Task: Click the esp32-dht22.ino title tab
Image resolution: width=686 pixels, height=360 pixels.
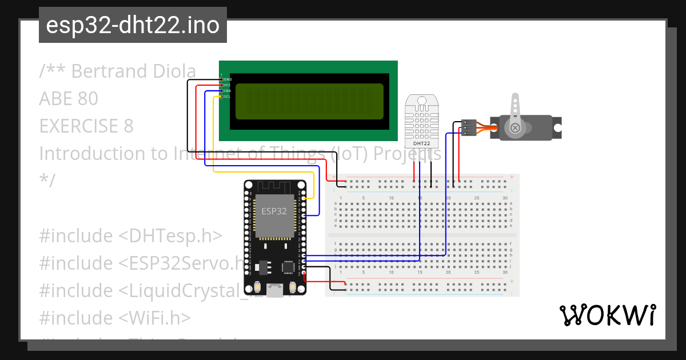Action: pyautogui.click(x=133, y=26)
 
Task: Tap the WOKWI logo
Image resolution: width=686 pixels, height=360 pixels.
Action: pyautogui.click(x=607, y=315)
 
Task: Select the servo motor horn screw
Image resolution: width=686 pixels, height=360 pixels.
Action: pyautogui.click(x=516, y=127)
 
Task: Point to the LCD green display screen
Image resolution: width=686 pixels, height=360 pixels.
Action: pyautogui.click(x=309, y=101)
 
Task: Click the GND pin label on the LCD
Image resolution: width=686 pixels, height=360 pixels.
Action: pyautogui.click(x=228, y=79)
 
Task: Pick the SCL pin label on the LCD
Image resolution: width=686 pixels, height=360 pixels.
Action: pyautogui.click(x=227, y=97)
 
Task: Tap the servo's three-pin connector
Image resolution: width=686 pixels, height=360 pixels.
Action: pyautogui.click(x=469, y=127)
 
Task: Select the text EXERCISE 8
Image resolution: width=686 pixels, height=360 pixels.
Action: pyautogui.click(x=86, y=126)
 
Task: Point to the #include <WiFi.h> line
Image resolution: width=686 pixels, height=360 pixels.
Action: pyautogui.click(x=114, y=317)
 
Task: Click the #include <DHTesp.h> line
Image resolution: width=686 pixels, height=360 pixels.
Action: pyautogui.click(x=130, y=235)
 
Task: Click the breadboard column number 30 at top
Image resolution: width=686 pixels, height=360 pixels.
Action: pyautogui.click(x=505, y=198)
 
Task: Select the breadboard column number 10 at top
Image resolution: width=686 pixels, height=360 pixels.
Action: pyautogui.click(x=391, y=198)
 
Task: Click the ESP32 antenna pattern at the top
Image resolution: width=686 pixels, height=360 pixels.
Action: pyautogui.click(x=275, y=187)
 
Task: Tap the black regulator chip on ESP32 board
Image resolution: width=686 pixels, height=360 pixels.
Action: pyautogui.click(x=264, y=267)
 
